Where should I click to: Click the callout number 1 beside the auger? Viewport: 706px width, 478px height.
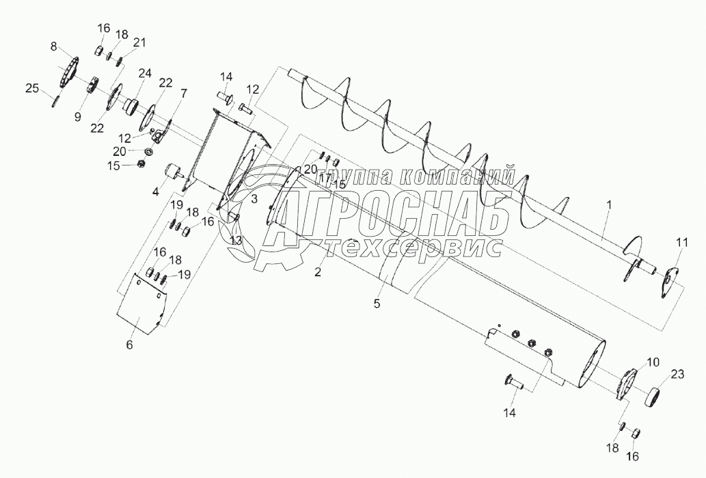pyautogui.click(x=608, y=204)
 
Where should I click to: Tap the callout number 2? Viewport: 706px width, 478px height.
pyautogui.click(x=318, y=272)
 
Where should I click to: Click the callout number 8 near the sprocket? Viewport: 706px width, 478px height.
pyautogui.click(x=54, y=47)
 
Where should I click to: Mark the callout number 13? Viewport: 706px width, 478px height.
pyautogui.click(x=236, y=240)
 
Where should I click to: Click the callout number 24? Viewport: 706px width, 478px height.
pyautogui.click(x=144, y=72)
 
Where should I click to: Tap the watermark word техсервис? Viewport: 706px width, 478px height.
pyautogui.click(x=416, y=248)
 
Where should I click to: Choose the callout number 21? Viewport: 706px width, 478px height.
pyautogui.click(x=139, y=42)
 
